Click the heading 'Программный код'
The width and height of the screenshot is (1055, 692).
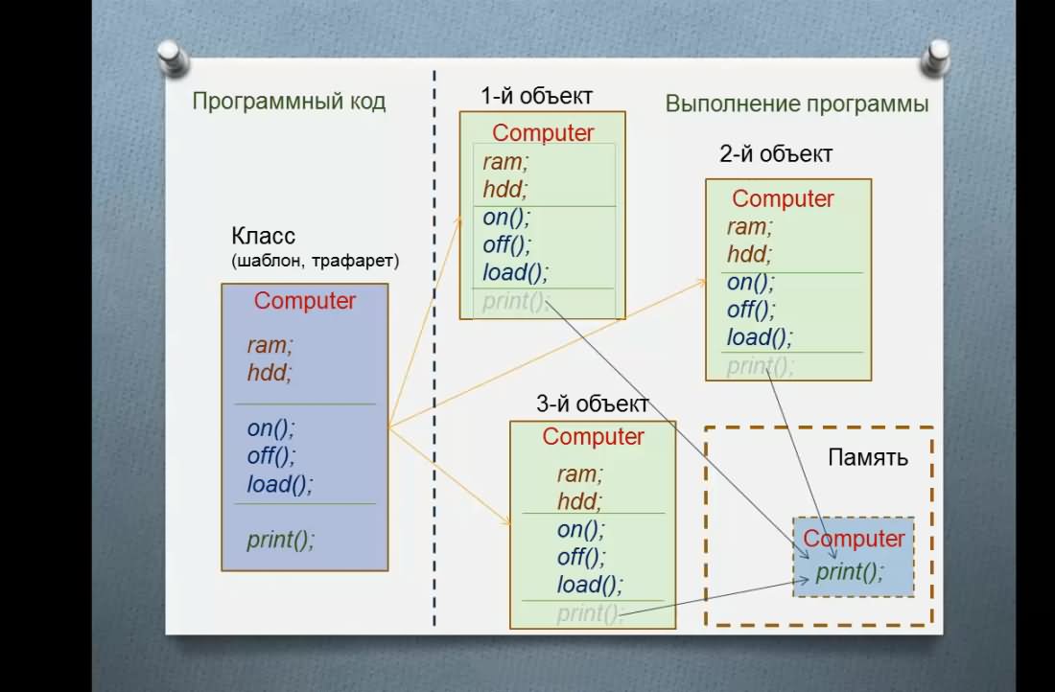tap(289, 102)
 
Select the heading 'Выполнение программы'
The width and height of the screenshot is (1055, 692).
tap(797, 104)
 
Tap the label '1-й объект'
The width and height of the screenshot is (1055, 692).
tap(536, 96)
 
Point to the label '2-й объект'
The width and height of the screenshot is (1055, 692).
tap(776, 154)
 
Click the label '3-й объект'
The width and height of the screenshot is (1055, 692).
tap(592, 404)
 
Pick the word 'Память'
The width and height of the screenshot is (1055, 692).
tap(868, 457)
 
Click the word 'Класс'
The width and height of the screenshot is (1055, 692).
tap(263, 236)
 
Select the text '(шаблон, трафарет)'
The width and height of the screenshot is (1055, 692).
tap(315, 261)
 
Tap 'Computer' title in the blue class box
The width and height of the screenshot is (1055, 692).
tap(305, 301)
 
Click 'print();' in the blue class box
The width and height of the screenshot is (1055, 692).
tap(281, 540)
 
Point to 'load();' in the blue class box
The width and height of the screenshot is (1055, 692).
tap(280, 483)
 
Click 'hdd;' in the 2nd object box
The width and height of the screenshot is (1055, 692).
tap(750, 254)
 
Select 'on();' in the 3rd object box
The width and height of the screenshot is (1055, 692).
tap(580, 529)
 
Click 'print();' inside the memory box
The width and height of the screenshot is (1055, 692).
tap(849, 571)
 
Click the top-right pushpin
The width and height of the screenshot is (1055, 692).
tap(936, 57)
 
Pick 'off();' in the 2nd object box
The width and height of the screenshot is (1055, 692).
tap(751, 310)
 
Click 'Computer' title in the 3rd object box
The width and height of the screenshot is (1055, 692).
tap(594, 436)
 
